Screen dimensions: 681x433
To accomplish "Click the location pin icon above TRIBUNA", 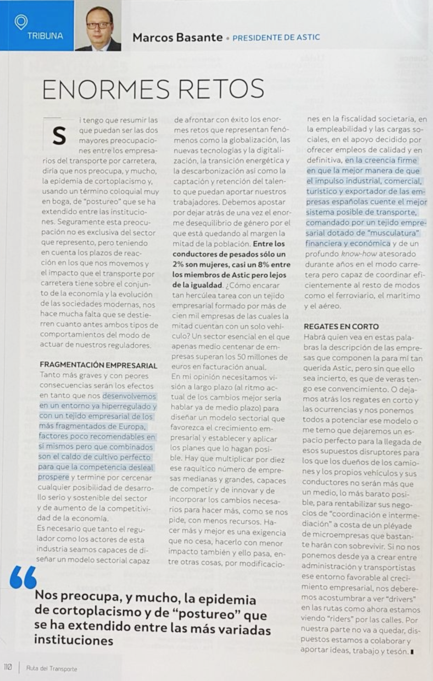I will point(21,22).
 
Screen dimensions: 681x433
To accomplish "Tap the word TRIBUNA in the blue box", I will point(45,36).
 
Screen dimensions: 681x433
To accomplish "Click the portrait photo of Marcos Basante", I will point(98,26).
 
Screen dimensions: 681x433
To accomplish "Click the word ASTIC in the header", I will point(308,37).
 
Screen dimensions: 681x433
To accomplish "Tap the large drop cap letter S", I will point(59,136).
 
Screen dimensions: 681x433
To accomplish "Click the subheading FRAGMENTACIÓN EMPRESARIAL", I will point(98,365).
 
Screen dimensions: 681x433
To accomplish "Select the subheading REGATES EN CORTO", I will point(341,326).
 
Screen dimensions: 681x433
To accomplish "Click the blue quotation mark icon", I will point(23,578).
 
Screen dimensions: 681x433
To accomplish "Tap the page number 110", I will point(8,667).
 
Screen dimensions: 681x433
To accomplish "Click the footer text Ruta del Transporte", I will point(52,669).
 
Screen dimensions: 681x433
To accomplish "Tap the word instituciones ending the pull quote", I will point(74,640).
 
